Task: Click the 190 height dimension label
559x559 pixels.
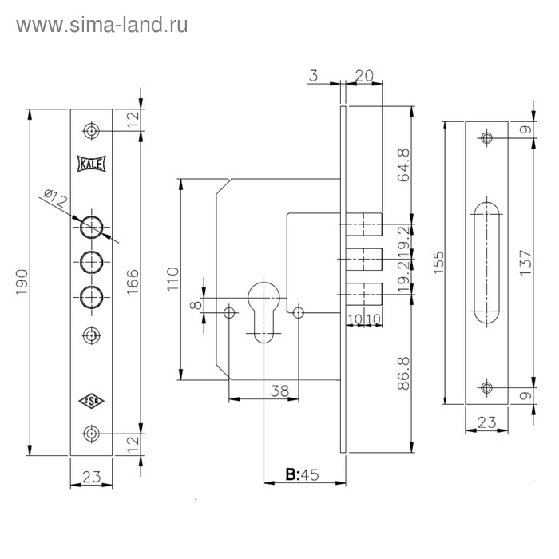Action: pyautogui.click(x=22, y=281)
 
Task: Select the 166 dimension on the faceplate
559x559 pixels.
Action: pyautogui.click(x=133, y=281)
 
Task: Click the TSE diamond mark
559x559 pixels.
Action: pyautogui.click(x=89, y=402)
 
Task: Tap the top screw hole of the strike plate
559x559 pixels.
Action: pyautogui.click(x=486, y=138)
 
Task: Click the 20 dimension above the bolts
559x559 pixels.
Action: pyautogui.click(x=364, y=76)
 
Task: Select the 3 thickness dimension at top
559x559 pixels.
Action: pyautogui.click(x=313, y=76)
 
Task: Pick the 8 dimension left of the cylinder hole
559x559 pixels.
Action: pyautogui.click(x=193, y=304)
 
